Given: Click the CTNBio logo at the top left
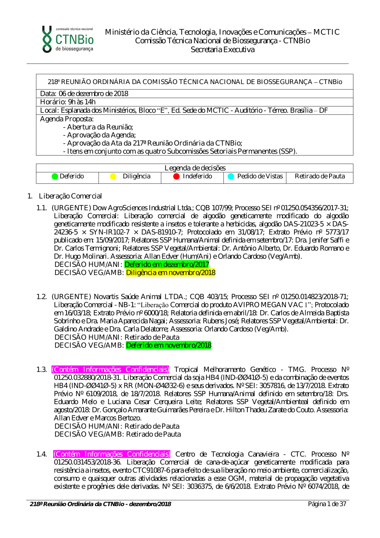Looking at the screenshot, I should tap(68, 39).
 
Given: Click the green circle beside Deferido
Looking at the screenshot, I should tap(55, 176).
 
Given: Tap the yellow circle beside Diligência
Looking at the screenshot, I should tap(113, 176).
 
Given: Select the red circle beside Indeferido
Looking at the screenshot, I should tap(176, 176).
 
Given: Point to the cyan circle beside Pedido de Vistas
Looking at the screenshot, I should tap(231, 176).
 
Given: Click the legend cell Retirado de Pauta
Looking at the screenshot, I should tap(320, 176).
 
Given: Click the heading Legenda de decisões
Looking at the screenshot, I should tap(195, 168).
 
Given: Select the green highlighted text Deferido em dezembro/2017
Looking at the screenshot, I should tap(167, 264).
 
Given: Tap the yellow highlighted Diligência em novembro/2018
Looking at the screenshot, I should tap(171, 273).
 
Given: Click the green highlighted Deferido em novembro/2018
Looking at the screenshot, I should tap(168, 345).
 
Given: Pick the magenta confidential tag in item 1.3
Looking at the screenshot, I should tap(110, 370).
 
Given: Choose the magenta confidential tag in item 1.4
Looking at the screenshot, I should tap(112, 454).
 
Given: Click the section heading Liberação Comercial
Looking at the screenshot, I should tap(70, 196).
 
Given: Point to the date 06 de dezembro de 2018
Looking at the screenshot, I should tap(93, 94).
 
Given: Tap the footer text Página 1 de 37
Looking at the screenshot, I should tap(327, 504).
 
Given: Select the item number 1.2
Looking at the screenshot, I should tap(41, 297).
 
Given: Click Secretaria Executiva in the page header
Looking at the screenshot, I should tap(222, 50).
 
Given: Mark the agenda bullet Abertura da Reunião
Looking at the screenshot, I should tap(100, 127).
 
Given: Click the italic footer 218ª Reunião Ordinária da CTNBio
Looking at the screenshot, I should tap(100, 504).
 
